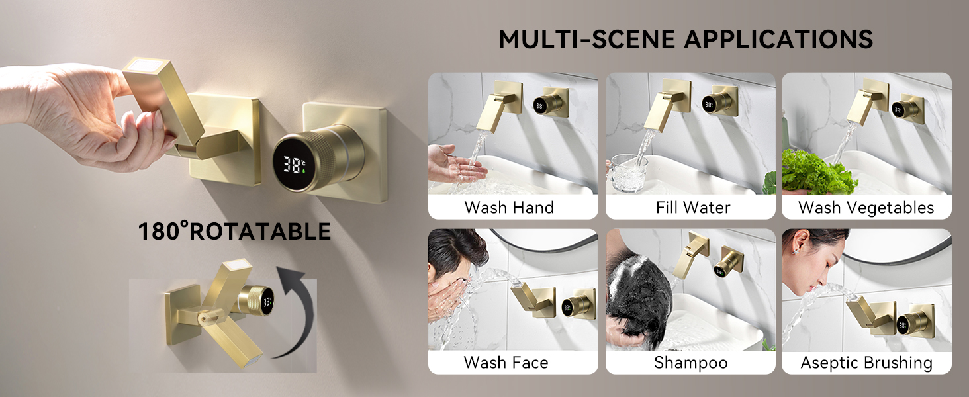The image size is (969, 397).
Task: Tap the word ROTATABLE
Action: (260, 232)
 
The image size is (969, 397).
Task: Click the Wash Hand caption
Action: (509, 208)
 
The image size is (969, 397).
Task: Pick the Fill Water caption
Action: (692, 208)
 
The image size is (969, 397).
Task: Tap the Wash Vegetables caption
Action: (866, 208)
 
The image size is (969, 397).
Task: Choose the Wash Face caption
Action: (506, 363)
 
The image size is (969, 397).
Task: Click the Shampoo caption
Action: (691, 363)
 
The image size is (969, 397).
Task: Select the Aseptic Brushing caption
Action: (866, 363)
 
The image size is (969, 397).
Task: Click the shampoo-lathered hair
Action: (638, 298)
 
